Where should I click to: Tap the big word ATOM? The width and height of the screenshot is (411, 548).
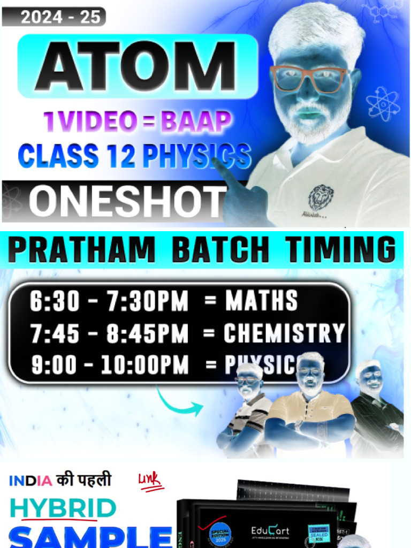138,66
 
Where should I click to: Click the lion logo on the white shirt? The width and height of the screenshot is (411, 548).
320,198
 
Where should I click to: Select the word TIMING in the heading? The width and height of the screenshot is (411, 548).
340,250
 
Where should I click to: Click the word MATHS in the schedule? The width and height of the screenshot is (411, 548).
261,302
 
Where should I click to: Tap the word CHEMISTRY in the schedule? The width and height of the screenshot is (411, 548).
284,333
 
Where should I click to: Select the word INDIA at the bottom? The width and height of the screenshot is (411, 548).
30,480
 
